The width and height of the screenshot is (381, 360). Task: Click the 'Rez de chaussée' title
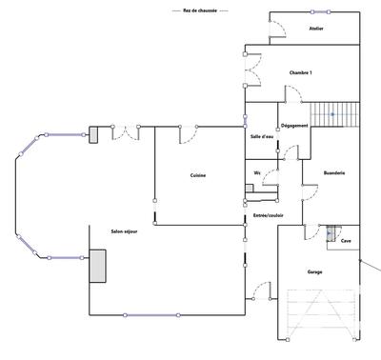click(199, 10)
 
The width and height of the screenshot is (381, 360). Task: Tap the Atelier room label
click(316, 30)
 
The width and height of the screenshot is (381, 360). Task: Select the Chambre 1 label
click(301, 73)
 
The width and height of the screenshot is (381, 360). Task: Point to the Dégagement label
click(293, 127)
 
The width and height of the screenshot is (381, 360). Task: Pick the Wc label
click(257, 172)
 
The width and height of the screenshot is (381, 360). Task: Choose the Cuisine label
click(198, 174)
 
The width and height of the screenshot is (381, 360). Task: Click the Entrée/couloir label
click(269, 215)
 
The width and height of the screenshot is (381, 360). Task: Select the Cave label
click(347, 242)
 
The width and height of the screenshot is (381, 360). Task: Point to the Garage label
click(314, 272)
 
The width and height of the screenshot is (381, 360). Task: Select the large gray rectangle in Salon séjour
click(97, 267)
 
